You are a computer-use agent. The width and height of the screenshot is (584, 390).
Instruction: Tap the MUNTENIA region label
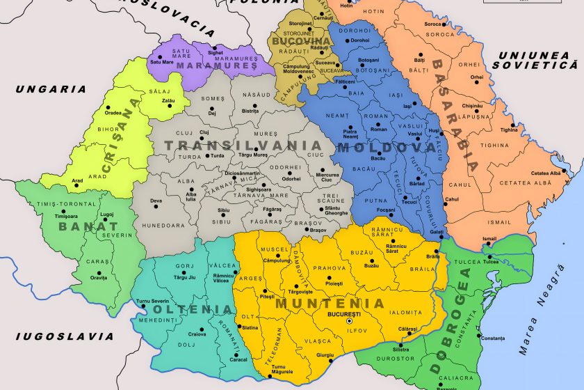click(x=330, y=304)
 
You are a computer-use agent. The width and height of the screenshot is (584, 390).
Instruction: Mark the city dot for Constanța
click(x=478, y=338)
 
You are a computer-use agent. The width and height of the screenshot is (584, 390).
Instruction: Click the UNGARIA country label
click(x=52, y=89)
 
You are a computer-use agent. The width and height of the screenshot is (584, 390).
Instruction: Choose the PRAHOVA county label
click(x=330, y=268)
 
